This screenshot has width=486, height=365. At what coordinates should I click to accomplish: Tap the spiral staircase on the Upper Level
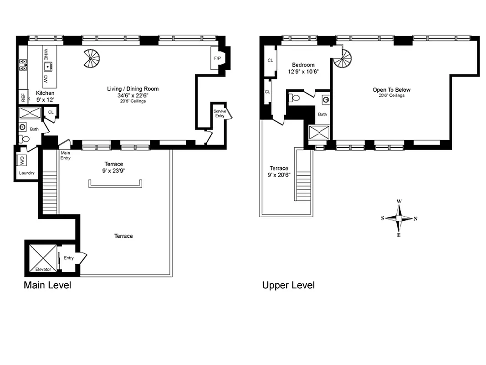(x=342, y=58)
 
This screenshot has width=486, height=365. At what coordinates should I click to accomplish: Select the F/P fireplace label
(x=217, y=58)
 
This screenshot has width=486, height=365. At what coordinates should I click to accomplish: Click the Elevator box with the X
(x=43, y=258)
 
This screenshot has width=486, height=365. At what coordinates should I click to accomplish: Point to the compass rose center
(x=399, y=219)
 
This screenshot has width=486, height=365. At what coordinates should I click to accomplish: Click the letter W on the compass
(x=399, y=201)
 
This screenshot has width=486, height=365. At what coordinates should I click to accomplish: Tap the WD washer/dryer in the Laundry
(x=21, y=160)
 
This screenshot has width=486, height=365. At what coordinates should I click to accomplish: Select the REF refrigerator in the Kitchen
(x=22, y=97)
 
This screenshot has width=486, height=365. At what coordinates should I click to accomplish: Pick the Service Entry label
(x=220, y=113)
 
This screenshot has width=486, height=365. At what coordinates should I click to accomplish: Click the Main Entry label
(x=66, y=156)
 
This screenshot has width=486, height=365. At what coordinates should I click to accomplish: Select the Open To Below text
(x=391, y=90)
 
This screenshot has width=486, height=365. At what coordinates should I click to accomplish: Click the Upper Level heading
(x=288, y=286)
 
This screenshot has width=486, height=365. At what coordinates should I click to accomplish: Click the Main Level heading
(x=47, y=286)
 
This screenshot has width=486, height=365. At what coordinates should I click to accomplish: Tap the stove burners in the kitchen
(x=23, y=67)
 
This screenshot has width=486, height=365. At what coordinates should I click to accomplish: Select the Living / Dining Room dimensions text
(x=133, y=95)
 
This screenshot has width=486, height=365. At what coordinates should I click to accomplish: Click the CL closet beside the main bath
(x=51, y=112)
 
